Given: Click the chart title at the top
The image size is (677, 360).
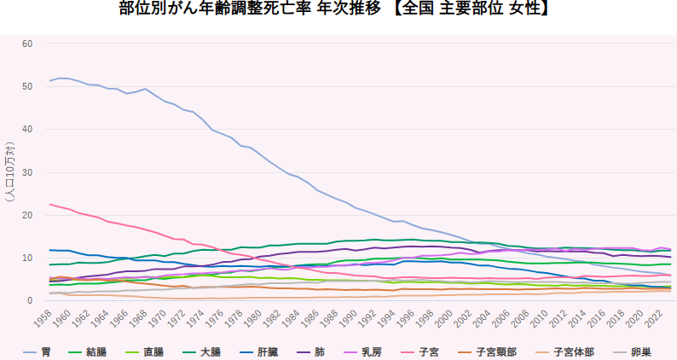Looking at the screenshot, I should point(338,10).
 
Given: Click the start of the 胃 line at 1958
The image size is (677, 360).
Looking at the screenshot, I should point(49,81).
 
